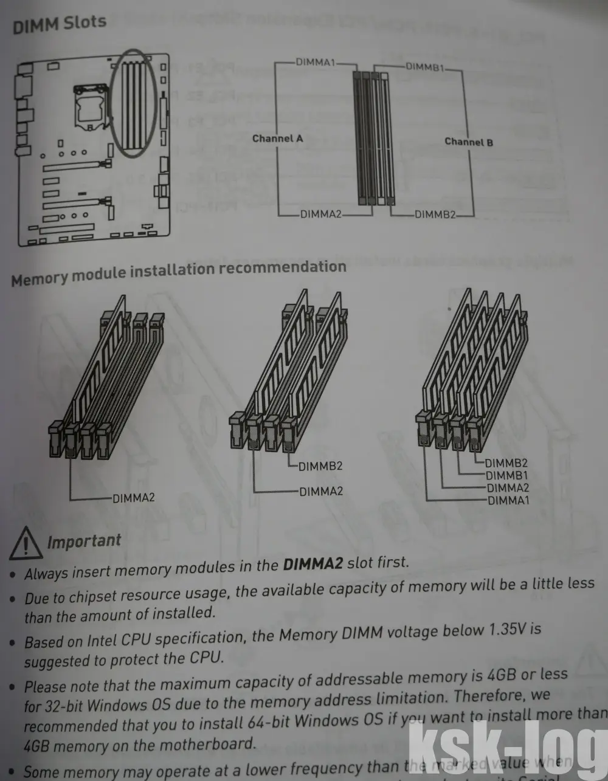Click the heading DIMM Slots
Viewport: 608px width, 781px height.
(59, 25)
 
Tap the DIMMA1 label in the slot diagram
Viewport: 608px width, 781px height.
(315, 62)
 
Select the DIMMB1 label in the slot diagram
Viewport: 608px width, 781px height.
(425, 66)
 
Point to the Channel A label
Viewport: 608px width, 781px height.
(277, 139)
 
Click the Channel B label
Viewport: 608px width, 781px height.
(469, 142)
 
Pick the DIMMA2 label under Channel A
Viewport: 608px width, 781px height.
(320, 214)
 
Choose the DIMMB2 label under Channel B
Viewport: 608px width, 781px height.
(435, 215)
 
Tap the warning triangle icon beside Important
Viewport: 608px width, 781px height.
(25, 543)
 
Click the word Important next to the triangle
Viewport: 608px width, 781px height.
(84, 541)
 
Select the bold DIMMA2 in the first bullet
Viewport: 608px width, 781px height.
(313, 564)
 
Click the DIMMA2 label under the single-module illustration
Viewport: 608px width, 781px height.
(133, 498)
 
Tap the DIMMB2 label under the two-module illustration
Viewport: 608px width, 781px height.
(320, 466)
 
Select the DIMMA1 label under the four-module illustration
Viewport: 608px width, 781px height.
(508, 500)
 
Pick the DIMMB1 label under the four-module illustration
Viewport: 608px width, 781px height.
(506, 475)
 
